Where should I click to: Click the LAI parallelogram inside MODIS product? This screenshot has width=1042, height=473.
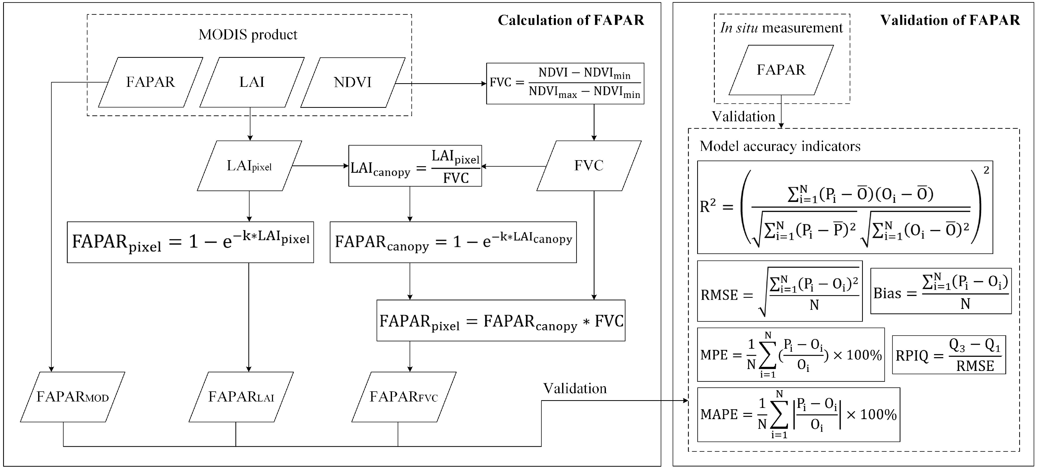[251, 82]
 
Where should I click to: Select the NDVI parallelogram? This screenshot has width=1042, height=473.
[352, 82]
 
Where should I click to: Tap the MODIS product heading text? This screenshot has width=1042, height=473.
[248, 35]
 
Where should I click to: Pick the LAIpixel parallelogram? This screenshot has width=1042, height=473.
[249, 166]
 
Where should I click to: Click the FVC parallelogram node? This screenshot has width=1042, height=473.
[589, 166]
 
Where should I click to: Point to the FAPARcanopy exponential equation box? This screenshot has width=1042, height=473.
[453, 242]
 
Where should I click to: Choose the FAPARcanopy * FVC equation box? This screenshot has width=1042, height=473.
[501, 321]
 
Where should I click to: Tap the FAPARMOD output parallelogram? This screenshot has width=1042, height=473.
[72, 397]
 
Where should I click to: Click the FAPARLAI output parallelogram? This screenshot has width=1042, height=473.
[241, 397]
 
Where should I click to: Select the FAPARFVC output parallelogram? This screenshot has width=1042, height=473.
[404, 397]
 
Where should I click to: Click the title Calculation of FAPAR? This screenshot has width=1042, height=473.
[571, 20]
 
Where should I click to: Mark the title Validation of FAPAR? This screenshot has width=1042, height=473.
[950, 20]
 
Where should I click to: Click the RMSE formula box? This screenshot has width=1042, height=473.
[779, 291]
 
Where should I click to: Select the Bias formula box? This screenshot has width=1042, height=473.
[941, 291]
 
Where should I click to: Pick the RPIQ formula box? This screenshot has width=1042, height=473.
[949, 355]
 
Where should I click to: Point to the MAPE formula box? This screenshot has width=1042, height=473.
[799, 415]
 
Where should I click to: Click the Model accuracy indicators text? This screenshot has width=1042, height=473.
[780, 146]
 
